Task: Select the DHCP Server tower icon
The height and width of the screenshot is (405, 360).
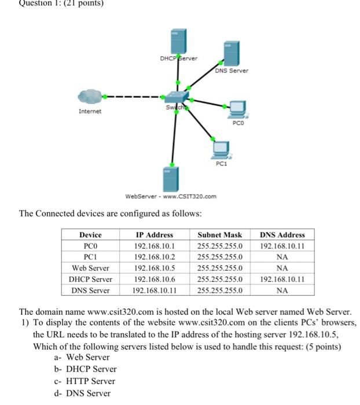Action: tap(177, 40)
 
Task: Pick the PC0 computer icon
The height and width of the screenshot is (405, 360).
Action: tap(238, 108)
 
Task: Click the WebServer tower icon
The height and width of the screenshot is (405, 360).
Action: tap(170, 179)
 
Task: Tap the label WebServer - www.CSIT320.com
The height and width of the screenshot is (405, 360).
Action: tap(171, 196)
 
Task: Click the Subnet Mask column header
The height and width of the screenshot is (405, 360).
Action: tap(220, 235)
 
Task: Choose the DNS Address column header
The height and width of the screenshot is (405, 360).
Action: tap(282, 235)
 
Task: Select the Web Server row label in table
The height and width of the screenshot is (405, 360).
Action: tap(90, 268)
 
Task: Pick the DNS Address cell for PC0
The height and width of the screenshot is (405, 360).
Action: tap(282, 246)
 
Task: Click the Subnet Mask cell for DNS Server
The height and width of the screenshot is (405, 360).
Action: tap(220, 290)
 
